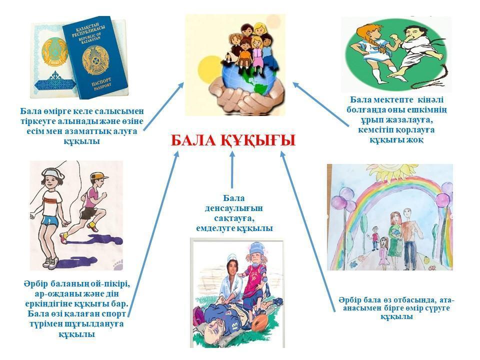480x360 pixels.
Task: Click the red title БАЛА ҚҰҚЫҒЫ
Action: click(x=233, y=140)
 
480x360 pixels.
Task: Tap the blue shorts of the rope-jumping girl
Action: click(x=50, y=220)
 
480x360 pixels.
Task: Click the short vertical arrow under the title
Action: click(x=232, y=169)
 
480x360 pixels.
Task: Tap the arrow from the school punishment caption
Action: click(x=321, y=104)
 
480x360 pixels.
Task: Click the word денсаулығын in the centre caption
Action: click(x=234, y=208)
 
